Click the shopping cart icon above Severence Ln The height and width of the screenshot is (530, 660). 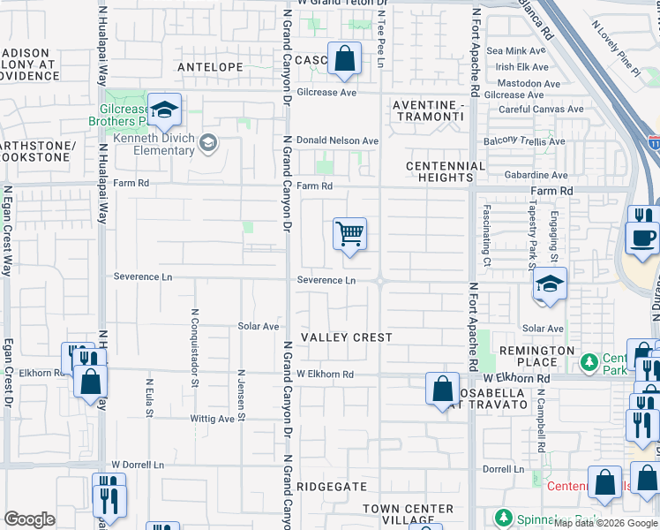[x=350, y=234]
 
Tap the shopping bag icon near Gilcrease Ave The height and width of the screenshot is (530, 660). [x=345, y=60]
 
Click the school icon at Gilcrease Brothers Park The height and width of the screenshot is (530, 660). [x=164, y=110]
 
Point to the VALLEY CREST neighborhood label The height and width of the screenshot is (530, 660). [x=346, y=338]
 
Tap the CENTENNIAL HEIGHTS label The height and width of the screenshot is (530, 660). [x=446, y=171]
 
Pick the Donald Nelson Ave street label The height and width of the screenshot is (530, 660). [x=337, y=140]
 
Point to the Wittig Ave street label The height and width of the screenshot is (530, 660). [x=213, y=419]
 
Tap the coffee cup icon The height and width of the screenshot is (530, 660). [x=641, y=238]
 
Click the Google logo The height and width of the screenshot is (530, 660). [x=29, y=519]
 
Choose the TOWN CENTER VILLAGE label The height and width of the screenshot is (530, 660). [x=409, y=515]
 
